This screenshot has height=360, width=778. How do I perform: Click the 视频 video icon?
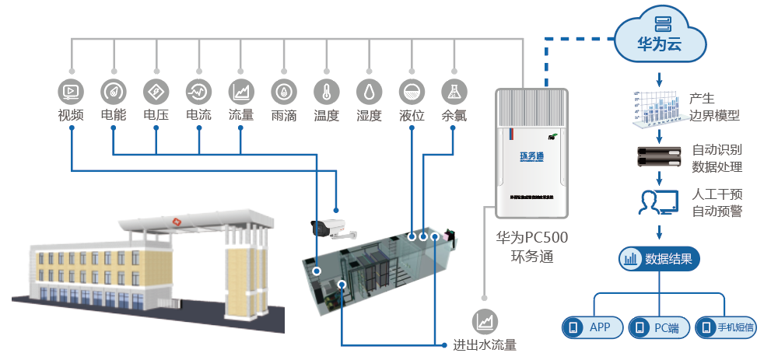(71, 92)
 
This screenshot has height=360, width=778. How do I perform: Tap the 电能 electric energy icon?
(114, 92)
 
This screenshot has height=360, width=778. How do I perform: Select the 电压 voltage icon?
(156, 92)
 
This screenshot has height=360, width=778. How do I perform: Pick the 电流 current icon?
(198, 92)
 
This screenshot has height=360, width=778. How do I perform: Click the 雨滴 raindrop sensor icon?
(283, 92)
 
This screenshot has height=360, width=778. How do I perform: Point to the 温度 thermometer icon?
(326, 92)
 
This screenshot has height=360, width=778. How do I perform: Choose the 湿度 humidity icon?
(369, 92)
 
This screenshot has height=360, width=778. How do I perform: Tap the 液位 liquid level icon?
(412, 92)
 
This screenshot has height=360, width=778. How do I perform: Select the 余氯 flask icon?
(454, 92)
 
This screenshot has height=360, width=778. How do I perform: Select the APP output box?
(593, 327)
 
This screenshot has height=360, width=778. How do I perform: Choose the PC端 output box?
(660, 327)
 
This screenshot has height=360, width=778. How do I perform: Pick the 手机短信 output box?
(727, 327)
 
